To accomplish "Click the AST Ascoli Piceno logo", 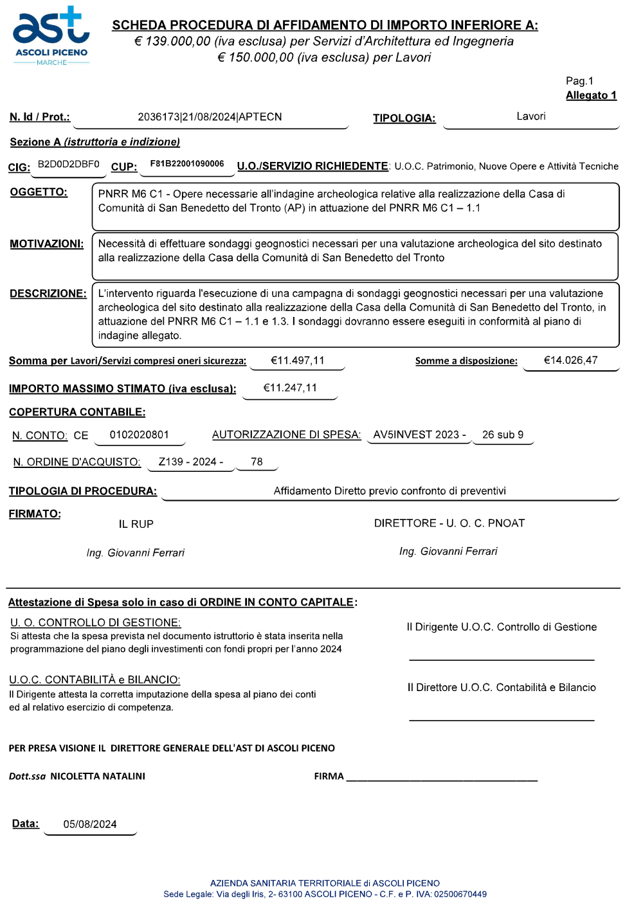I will [x=51, y=37].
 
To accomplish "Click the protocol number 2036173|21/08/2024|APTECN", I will [x=210, y=117].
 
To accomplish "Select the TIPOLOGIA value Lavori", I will [x=530, y=116].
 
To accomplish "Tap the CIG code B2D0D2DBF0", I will [x=69, y=165].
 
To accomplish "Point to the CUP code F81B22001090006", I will [x=187, y=164].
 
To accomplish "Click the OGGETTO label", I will [x=39, y=192].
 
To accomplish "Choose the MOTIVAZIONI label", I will [x=46, y=244].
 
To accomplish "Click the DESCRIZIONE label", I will [x=48, y=294].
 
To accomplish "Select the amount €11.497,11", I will [x=297, y=361].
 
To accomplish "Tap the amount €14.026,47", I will [x=570, y=360].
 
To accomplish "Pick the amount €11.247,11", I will [x=290, y=388].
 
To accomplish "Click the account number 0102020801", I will [x=140, y=435].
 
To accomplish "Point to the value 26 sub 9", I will [x=503, y=435].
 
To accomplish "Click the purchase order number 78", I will [x=257, y=462].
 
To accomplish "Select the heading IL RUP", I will [x=136, y=525].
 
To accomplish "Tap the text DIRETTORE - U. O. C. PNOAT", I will [x=449, y=523].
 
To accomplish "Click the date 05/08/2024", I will [x=90, y=825].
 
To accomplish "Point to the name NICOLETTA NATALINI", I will [x=98, y=777].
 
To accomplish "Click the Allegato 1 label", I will [x=591, y=96].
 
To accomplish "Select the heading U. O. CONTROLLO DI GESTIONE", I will [x=95, y=623].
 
